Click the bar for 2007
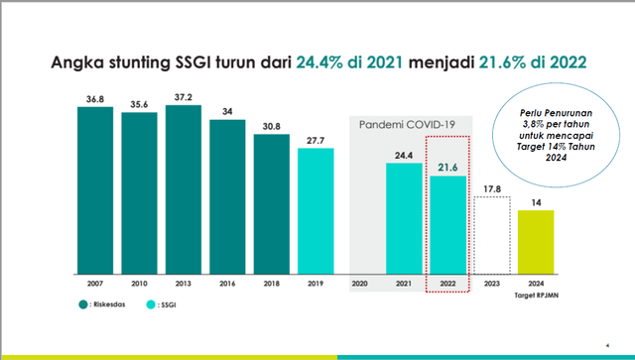(95, 189)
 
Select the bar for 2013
(184, 188)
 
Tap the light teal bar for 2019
(316, 211)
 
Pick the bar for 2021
(404, 218)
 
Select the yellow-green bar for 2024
(536, 242)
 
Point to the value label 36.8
(95, 97)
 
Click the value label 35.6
(140, 103)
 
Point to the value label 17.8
(492, 185)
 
